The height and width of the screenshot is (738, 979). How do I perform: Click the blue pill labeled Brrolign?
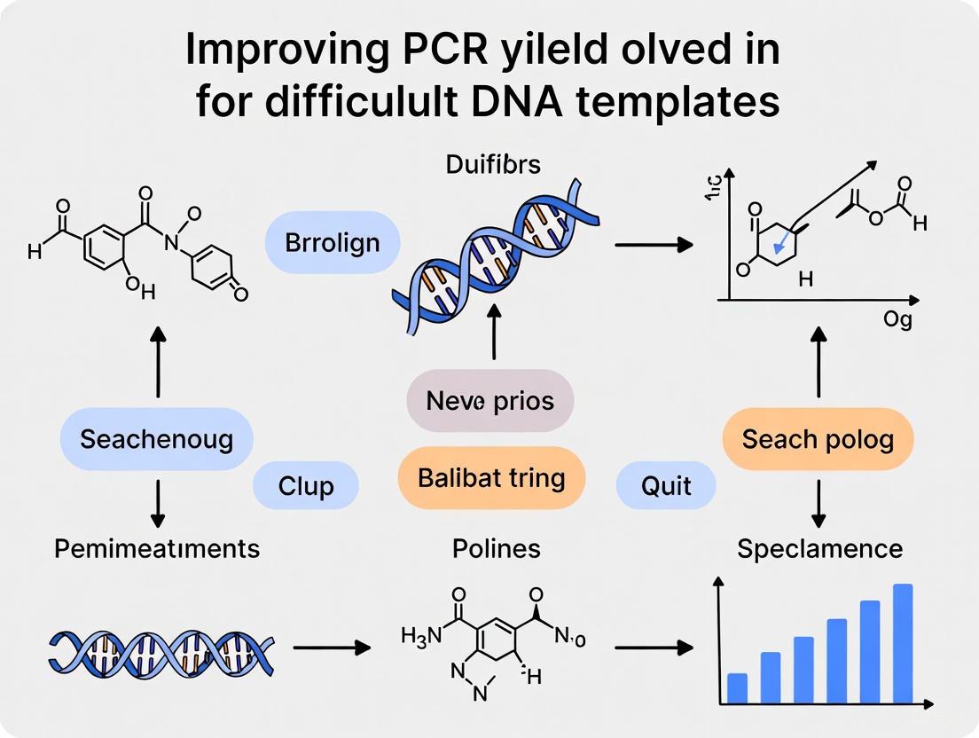click(333, 242)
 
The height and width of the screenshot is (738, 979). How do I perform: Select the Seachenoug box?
click(157, 438)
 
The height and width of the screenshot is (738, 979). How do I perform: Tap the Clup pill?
click(306, 485)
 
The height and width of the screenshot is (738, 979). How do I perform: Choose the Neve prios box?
click(490, 400)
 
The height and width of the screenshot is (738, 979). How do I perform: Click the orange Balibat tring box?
click(491, 478)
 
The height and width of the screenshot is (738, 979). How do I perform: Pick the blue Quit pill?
click(665, 485)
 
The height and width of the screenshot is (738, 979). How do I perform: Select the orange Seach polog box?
click(818, 438)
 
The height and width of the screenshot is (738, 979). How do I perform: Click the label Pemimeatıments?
click(157, 548)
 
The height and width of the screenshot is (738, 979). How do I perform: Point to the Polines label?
click(484, 548)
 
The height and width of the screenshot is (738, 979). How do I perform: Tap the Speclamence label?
click(819, 548)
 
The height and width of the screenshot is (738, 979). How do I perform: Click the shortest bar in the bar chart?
click(737, 687)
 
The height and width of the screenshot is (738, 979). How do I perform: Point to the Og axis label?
click(897, 320)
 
